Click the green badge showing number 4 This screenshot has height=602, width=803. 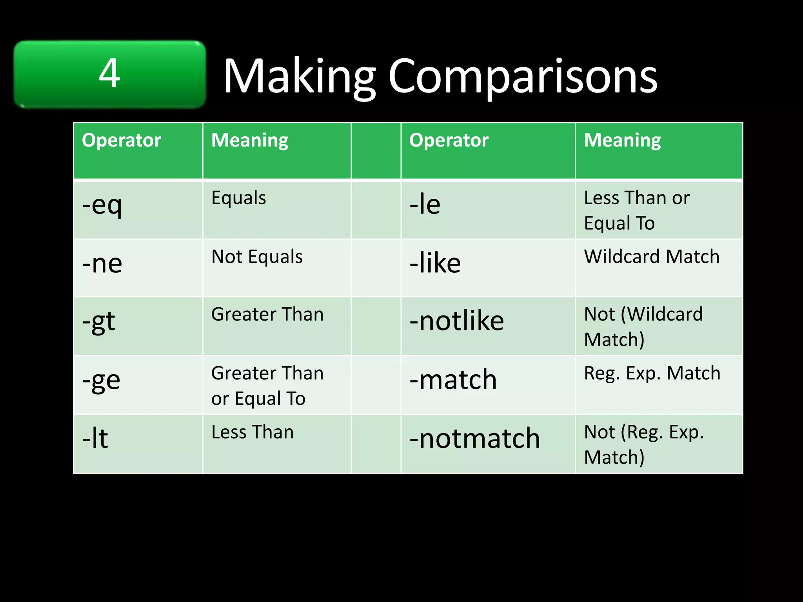coord(109,74)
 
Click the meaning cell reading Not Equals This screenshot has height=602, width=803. coord(257,257)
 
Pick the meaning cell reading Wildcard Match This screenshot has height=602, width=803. coord(652,257)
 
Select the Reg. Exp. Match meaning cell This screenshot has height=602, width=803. coord(652,374)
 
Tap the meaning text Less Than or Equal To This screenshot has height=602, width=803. coord(636,210)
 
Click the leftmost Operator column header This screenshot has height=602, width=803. coord(122,140)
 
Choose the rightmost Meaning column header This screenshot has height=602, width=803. coord(622,140)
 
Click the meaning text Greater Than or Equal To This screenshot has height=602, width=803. coord(267,386)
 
